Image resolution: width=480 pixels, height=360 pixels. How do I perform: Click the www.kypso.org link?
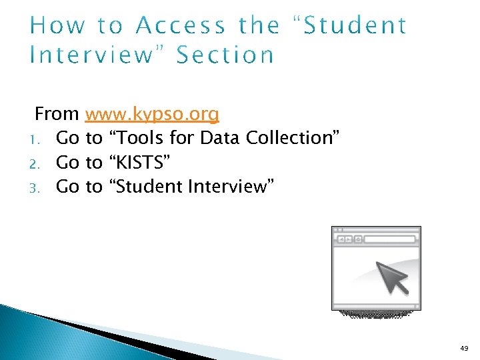pos(152,115)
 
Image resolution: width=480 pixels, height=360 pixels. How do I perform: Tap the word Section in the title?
pos(225,55)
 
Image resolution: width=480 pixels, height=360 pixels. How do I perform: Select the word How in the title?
pos(57,26)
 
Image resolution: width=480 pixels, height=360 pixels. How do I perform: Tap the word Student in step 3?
pos(151,186)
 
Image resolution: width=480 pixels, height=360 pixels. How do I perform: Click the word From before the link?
pos(57,114)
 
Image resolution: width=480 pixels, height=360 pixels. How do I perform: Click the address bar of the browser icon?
pos(391,239)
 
